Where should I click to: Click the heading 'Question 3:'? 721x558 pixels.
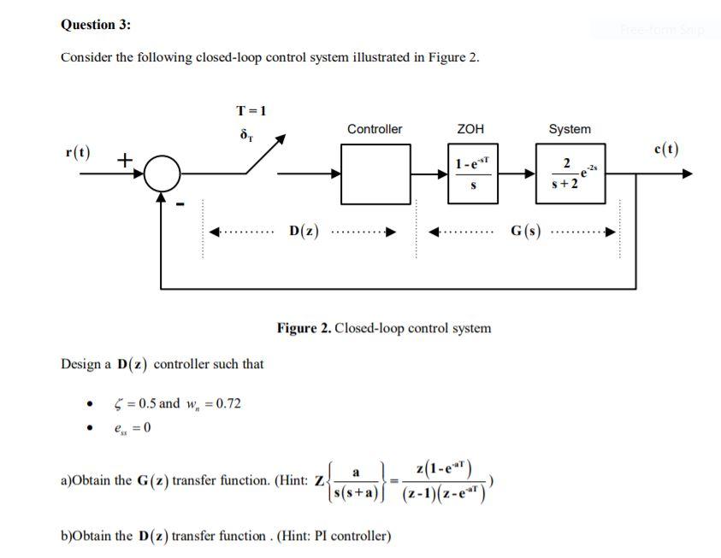(x=96, y=25)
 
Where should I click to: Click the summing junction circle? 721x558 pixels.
(x=163, y=175)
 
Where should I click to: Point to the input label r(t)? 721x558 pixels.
(x=80, y=153)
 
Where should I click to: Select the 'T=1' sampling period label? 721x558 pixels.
(x=251, y=110)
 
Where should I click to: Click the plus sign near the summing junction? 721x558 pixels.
(x=125, y=159)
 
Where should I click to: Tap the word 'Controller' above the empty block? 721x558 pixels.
(x=374, y=129)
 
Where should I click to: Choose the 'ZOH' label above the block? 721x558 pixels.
(x=470, y=129)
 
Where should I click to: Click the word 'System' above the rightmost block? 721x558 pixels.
(x=569, y=129)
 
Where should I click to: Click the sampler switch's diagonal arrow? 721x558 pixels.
(x=274, y=155)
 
